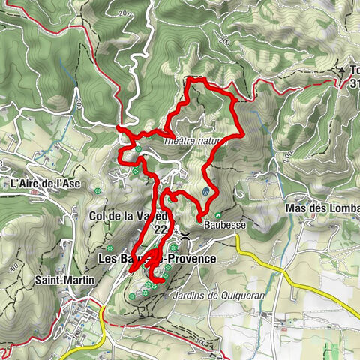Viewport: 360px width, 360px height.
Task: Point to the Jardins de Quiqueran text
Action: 218,295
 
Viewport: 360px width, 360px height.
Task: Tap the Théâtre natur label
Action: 193,139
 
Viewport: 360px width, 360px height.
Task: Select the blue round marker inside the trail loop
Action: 205,192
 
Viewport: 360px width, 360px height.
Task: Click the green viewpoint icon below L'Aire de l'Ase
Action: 98,193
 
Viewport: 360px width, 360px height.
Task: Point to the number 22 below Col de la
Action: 160,231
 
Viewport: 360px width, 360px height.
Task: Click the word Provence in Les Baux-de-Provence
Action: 190,258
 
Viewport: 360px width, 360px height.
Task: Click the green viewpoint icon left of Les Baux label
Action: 110,248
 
